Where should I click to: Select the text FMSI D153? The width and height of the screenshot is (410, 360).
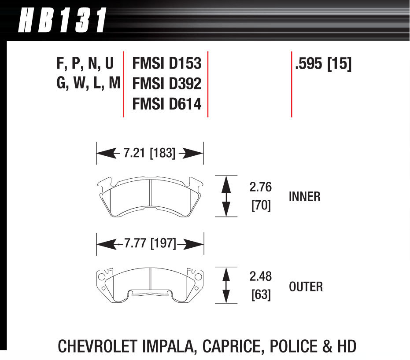[x=166, y=63]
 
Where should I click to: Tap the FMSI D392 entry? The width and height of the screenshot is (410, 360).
[x=166, y=83]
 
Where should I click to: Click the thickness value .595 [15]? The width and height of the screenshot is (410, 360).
[x=323, y=64]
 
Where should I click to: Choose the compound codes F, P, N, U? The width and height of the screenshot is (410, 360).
[x=85, y=63]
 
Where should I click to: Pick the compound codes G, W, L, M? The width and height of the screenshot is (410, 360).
[x=88, y=83]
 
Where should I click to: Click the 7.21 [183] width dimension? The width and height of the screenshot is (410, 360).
[x=150, y=154]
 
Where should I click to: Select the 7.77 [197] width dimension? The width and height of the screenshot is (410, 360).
[x=150, y=243]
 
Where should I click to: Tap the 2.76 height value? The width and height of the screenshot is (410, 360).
[x=261, y=187]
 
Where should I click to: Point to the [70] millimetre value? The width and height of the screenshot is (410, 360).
[x=261, y=206]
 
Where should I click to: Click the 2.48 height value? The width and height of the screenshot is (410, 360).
[x=261, y=277]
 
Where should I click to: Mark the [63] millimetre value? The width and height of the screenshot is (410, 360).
[x=261, y=294]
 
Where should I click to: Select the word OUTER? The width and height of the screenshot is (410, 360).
[x=306, y=287]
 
